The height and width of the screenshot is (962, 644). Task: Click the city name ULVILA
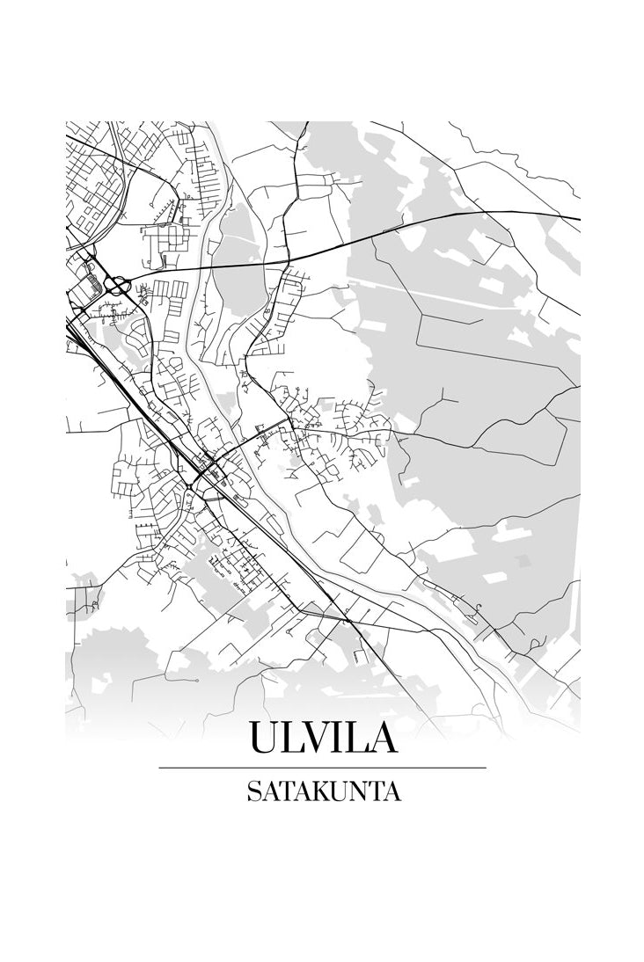click(x=322, y=737)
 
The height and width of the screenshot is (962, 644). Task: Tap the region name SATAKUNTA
click(x=322, y=791)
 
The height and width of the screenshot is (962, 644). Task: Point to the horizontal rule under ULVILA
click(x=322, y=768)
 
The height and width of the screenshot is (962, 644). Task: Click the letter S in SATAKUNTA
click(x=253, y=791)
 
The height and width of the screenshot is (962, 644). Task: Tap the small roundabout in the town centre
click(x=188, y=486)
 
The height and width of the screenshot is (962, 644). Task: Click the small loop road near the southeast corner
click(x=480, y=608)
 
